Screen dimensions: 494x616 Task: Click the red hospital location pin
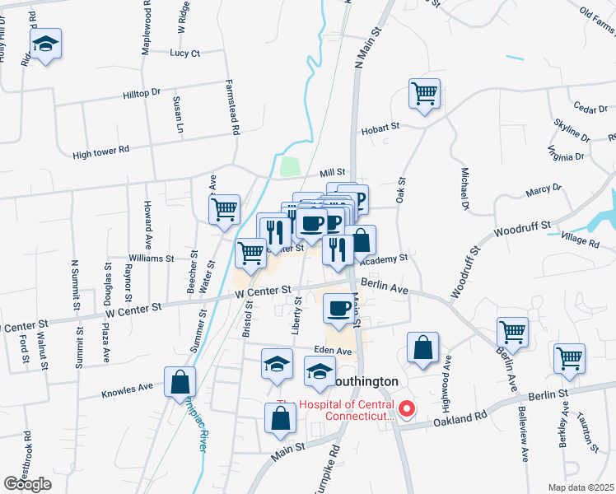[406, 408]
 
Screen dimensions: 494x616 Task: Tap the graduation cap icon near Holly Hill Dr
[46, 46]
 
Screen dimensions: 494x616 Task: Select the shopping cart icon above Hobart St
[425, 95]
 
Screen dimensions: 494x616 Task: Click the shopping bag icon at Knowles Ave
[180, 383]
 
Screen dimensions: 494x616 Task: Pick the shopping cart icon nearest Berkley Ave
[570, 359]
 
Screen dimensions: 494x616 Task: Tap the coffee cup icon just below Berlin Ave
[338, 309]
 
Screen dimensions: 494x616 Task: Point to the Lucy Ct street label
[185, 54]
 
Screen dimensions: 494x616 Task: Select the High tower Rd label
[101, 150]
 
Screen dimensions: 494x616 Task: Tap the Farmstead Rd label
[235, 108]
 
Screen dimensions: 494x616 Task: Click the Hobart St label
[380, 127]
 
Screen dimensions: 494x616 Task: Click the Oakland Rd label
[453, 420]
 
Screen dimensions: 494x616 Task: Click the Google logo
[28, 484]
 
